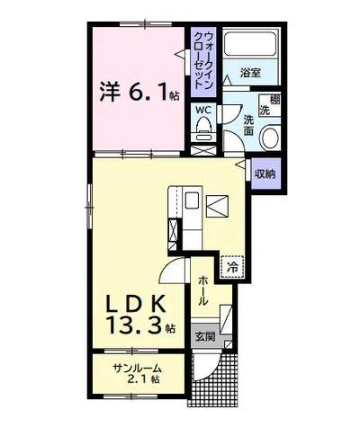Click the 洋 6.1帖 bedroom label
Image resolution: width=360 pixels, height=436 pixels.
[139, 92]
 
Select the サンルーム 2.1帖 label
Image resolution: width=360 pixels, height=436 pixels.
[137, 374]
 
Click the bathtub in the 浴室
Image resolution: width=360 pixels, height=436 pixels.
[250, 44]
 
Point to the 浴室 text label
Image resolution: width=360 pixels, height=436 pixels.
[250, 73]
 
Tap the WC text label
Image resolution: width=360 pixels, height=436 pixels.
[203, 110]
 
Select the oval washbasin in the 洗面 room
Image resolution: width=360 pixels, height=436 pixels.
[270, 138]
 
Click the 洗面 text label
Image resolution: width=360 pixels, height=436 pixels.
[248, 126]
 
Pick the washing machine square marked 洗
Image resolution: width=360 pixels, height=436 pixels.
[269, 106]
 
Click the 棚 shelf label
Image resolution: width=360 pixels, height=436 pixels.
[274, 100]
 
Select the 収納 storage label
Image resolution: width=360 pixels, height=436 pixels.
[265, 174]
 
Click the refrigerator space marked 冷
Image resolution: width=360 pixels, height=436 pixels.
[232, 267]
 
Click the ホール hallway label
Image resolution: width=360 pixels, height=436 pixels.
[203, 290]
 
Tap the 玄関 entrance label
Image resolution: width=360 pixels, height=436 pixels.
[205, 337]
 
